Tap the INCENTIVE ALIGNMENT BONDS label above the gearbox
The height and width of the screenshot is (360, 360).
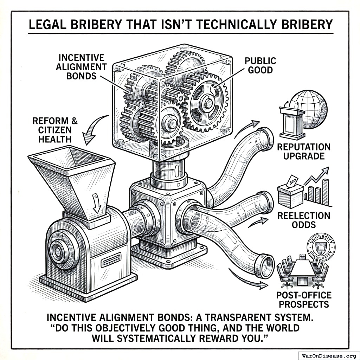click(81, 66)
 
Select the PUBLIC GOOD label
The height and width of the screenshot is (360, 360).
click(260, 65)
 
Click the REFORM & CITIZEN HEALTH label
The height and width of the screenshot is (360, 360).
click(55, 130)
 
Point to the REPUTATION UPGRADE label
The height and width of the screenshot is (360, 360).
click(303, 151)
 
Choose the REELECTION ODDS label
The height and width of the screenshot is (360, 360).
click(304, 219)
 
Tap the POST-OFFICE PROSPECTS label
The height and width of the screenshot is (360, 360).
click(304, 299)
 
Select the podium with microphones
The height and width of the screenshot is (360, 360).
click(292, 121)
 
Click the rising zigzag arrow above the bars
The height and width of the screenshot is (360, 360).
click(316, 176)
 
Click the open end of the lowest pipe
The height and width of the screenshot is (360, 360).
click(265, 264)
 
